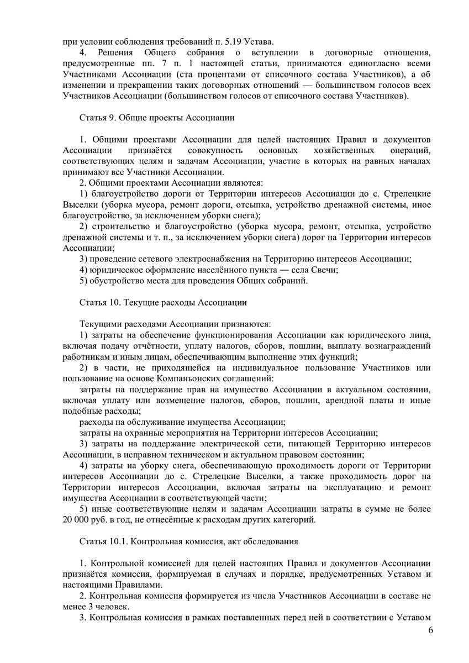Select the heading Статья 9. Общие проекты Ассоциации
(x=157, y=118)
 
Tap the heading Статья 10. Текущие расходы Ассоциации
(x=164, y=302)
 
